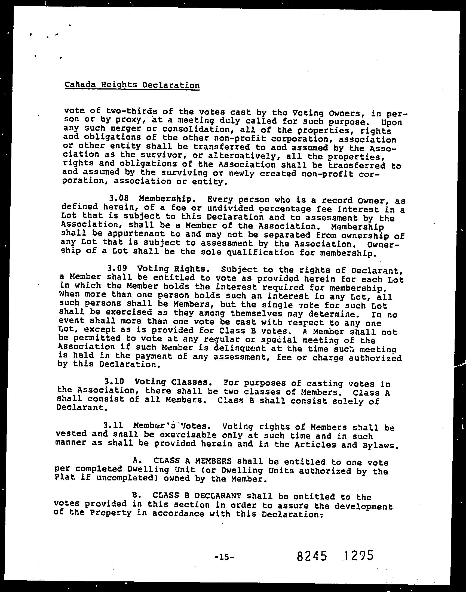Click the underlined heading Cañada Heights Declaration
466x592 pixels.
(132, 85)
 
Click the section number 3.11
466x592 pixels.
(113, 425)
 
